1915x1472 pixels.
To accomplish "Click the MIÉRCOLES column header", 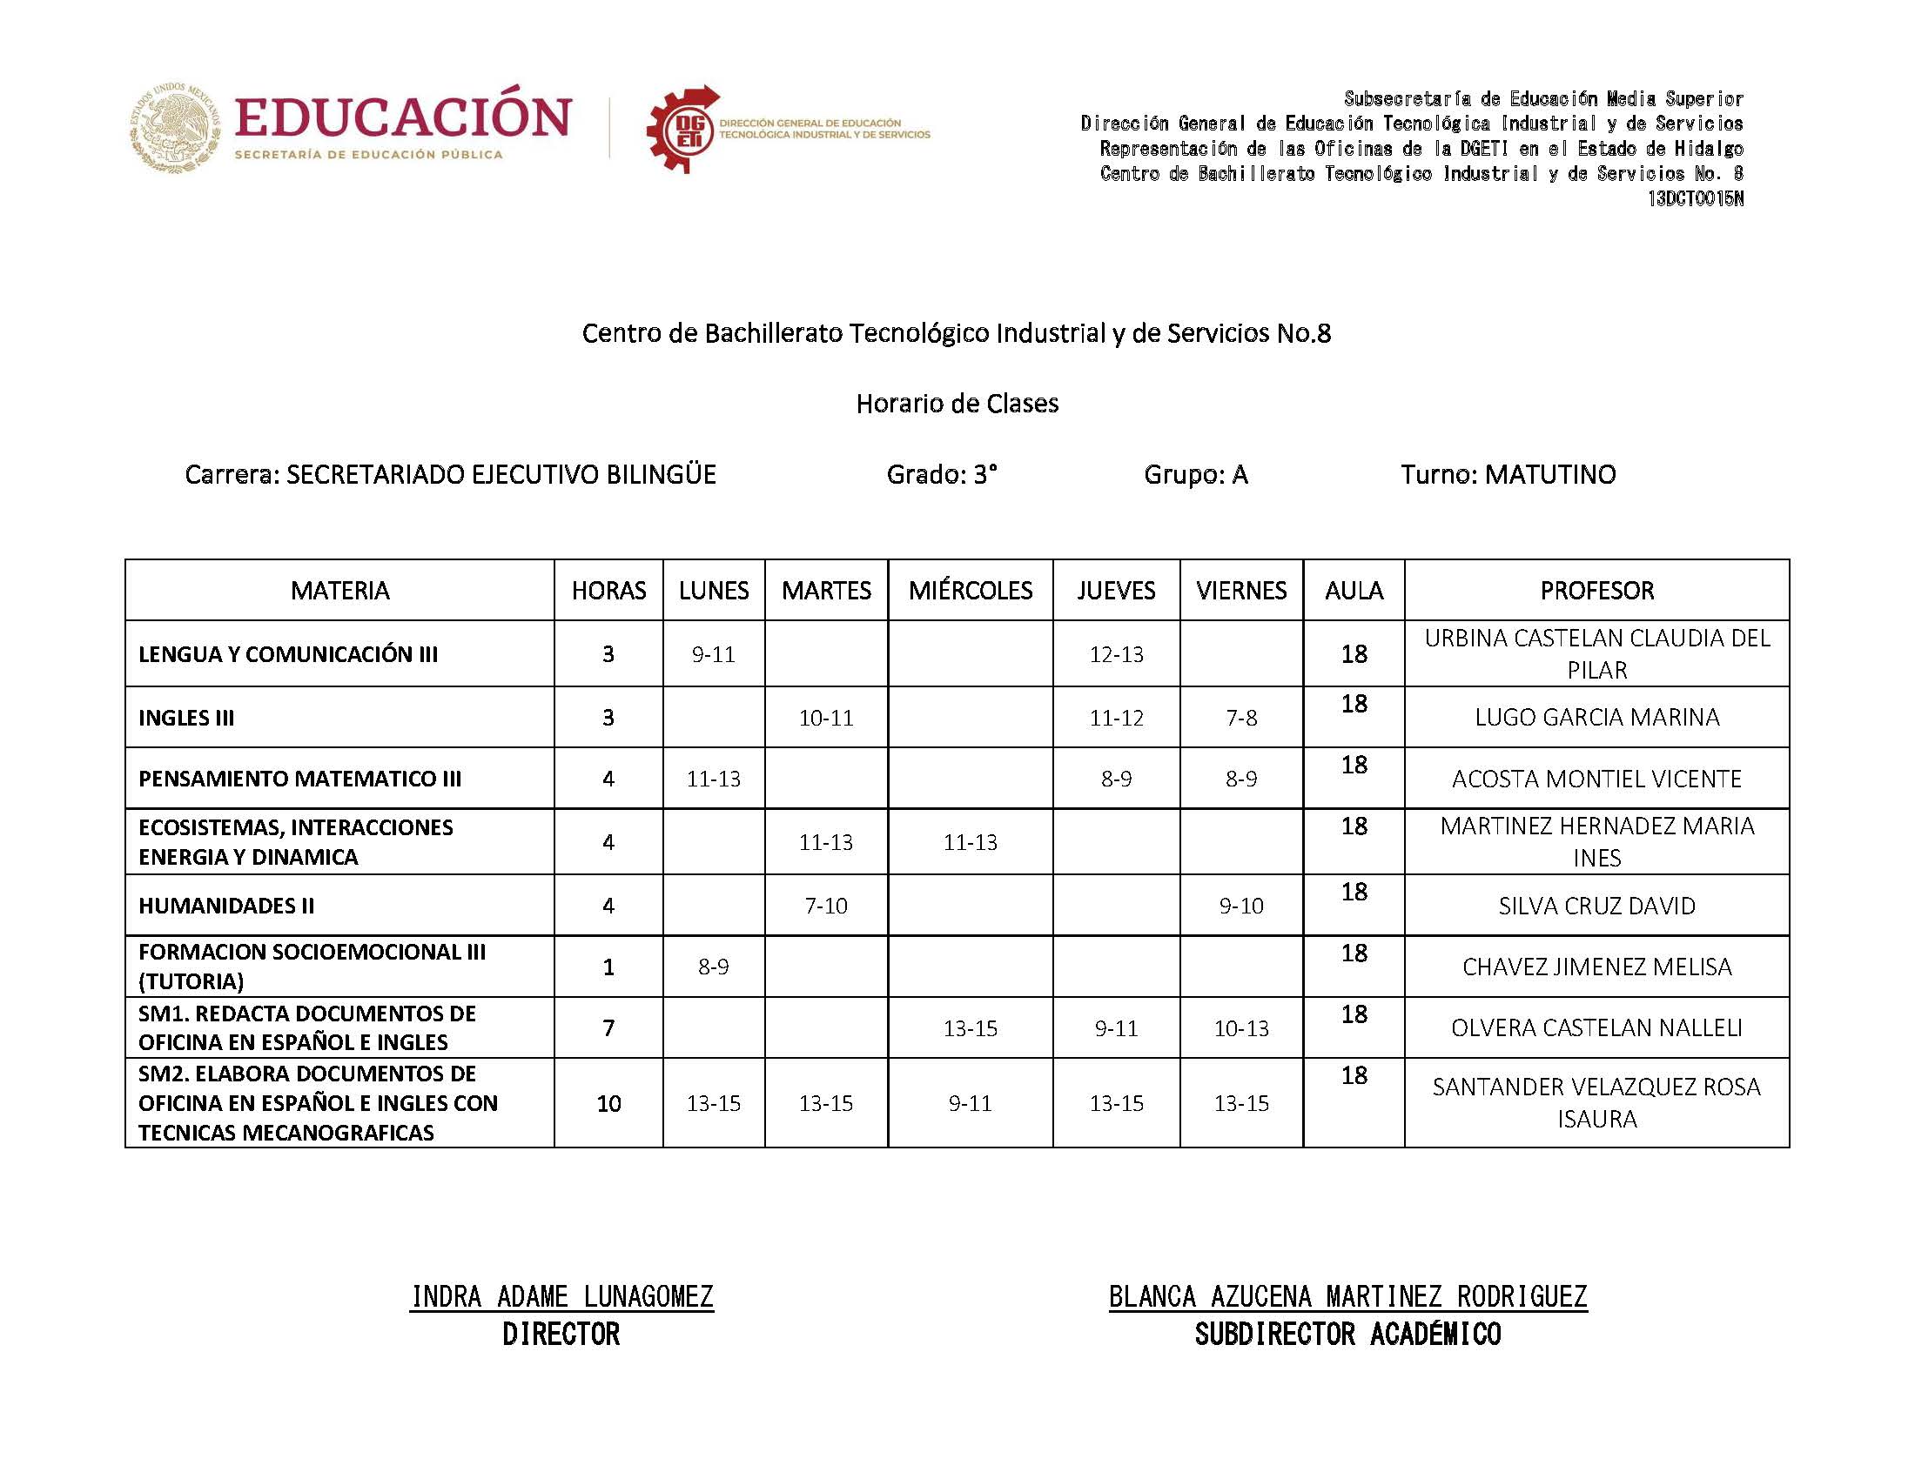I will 970,590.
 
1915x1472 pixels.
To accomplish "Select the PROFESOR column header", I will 1596,590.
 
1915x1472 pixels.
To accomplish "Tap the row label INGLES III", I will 185,718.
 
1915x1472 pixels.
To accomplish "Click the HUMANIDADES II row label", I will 226,905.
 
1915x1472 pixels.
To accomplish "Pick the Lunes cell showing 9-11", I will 713,653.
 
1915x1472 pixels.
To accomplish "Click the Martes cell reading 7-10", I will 825,905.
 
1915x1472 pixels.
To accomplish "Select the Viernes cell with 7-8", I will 1240,718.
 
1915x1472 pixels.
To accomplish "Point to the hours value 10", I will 608,1103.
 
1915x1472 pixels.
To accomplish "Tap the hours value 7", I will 608,1027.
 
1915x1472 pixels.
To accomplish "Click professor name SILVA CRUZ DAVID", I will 1596,905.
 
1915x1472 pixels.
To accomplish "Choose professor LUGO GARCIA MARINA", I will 1596,717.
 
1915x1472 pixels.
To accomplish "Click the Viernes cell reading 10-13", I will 1240,1027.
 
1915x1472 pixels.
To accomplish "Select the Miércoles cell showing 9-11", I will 970,1103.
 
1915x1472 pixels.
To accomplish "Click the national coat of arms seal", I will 176,128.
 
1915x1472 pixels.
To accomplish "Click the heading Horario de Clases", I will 957,403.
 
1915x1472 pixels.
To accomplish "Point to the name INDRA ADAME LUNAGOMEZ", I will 561,1296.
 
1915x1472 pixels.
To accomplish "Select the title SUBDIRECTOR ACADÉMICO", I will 1347,1335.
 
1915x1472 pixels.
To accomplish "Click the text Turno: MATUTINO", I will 1508,474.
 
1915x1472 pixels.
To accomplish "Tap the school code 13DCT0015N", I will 1694,199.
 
